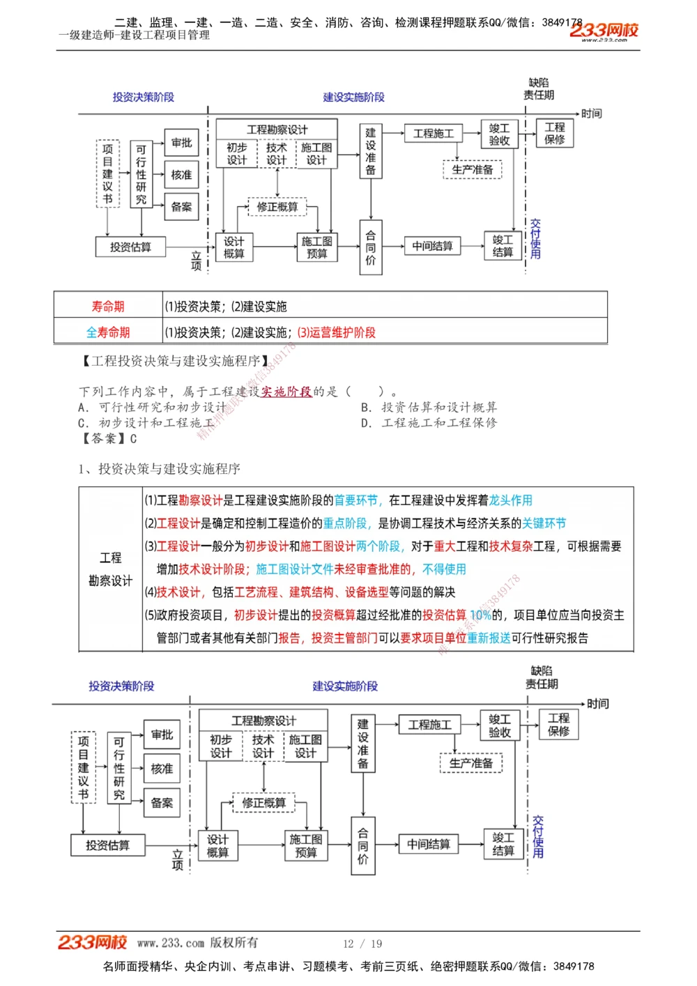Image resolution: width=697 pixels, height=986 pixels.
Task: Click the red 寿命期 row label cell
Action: (108, 307)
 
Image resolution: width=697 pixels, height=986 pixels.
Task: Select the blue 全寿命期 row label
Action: (108, 332)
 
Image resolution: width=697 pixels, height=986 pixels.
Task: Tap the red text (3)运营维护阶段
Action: (336, 332)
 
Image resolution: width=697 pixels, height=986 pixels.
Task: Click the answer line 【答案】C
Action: (109, 438)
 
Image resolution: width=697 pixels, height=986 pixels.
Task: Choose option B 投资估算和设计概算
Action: (429, 407)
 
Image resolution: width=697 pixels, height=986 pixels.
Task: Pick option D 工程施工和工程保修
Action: (429, 422)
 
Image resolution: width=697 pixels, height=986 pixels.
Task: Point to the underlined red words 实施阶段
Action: (286, 392)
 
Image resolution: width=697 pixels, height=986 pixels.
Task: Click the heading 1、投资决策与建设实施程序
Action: (160, 469)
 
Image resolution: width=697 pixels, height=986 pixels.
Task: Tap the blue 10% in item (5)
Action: (480, 615)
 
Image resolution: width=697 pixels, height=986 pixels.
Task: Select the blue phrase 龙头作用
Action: (510, 500)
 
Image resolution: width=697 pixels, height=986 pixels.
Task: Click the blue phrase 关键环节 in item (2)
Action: (544, 523)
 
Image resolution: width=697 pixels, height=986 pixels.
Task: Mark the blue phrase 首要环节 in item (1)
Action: (356, 500)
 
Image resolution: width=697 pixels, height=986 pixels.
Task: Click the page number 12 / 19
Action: (362, 943)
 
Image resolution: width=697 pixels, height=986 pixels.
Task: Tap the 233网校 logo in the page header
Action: (604, 31)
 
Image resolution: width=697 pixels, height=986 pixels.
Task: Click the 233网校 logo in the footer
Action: (92, 943)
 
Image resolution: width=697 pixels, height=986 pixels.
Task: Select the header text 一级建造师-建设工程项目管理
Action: (135, 35)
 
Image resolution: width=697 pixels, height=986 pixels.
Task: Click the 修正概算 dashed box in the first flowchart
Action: (277, 207)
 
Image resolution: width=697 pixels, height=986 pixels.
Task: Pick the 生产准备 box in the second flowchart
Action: (471, 763)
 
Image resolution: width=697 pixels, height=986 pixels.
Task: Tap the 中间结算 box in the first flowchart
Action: (432, 246)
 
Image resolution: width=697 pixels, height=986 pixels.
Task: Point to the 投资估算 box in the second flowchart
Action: (107, 845)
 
